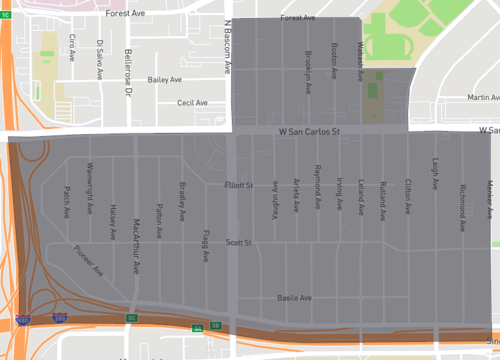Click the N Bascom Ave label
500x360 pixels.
coord(228,47)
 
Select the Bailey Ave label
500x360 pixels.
coord(164,79)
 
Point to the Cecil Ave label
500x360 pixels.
coord(192,102)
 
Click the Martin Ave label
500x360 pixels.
coord(482,97)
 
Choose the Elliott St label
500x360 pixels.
coord(239,185)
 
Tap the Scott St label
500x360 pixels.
coord(238,242)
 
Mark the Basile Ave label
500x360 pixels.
coord(294,298)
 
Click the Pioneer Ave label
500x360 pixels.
coord(89,261)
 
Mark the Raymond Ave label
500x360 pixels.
coord(317,184)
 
